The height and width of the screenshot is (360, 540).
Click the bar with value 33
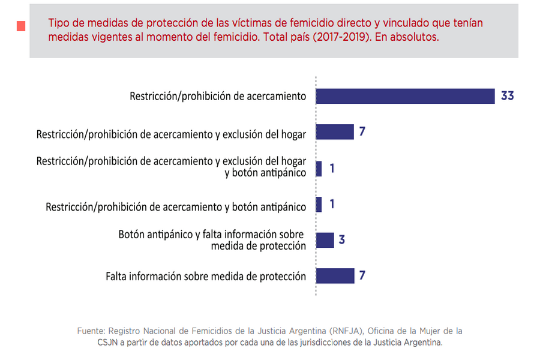tap(405, 96)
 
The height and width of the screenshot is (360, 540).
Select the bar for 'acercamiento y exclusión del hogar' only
tap(335, 132)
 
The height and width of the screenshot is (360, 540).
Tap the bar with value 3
tap(325, 240)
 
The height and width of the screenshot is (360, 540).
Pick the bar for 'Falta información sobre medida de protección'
tap(335, 276)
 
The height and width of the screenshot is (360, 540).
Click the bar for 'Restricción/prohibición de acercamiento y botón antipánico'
tap(319, 205)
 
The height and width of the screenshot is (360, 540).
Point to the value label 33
tap(507, 95)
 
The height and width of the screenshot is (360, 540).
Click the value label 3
tap(341, 240)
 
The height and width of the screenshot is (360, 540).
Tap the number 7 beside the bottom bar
tap(362, 275)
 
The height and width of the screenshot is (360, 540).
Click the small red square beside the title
tap(21, 26)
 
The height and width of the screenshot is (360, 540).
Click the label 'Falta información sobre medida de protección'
tap(206, 277)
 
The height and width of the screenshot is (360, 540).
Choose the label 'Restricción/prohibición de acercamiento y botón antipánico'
tap(176, 207)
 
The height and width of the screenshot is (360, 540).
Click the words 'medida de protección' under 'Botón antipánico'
tap(258, 245)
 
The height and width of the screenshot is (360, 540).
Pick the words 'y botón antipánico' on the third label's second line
tap(265, 173)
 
